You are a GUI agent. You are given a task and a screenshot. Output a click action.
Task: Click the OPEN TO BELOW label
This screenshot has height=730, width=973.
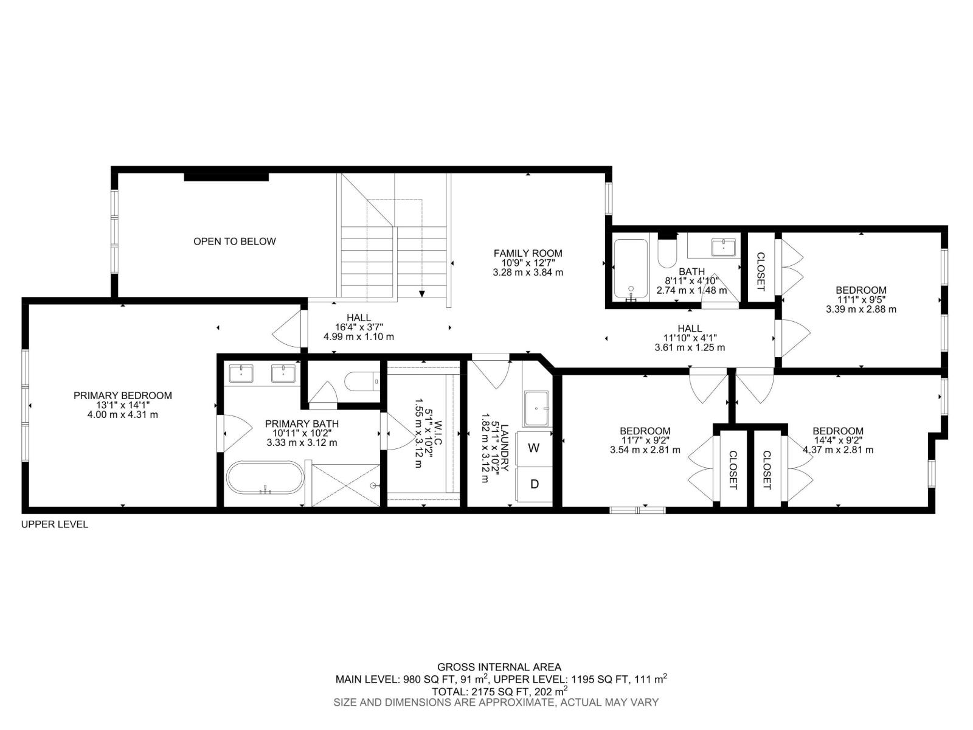(x=234, y=242)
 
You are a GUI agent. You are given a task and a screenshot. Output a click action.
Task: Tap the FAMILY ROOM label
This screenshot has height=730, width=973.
(x=527, y=253)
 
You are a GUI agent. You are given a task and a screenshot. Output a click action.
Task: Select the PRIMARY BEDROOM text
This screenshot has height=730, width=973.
(x=122, y=395)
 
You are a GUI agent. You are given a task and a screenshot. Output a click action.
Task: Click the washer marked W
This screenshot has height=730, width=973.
(x=533, y=449)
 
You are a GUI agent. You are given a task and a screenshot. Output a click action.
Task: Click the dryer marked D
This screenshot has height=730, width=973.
(x=534, y=484)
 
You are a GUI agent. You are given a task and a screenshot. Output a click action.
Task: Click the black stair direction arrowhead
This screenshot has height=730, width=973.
(x=422, y=294)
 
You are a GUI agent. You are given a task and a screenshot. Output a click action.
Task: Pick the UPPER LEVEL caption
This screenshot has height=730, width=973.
(x=55, y=524)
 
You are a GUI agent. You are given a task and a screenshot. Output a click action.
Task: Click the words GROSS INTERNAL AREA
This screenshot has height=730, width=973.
(x=499, y=667)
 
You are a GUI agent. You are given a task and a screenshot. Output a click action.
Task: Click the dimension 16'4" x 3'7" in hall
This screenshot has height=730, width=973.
(x=359, y=327)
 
